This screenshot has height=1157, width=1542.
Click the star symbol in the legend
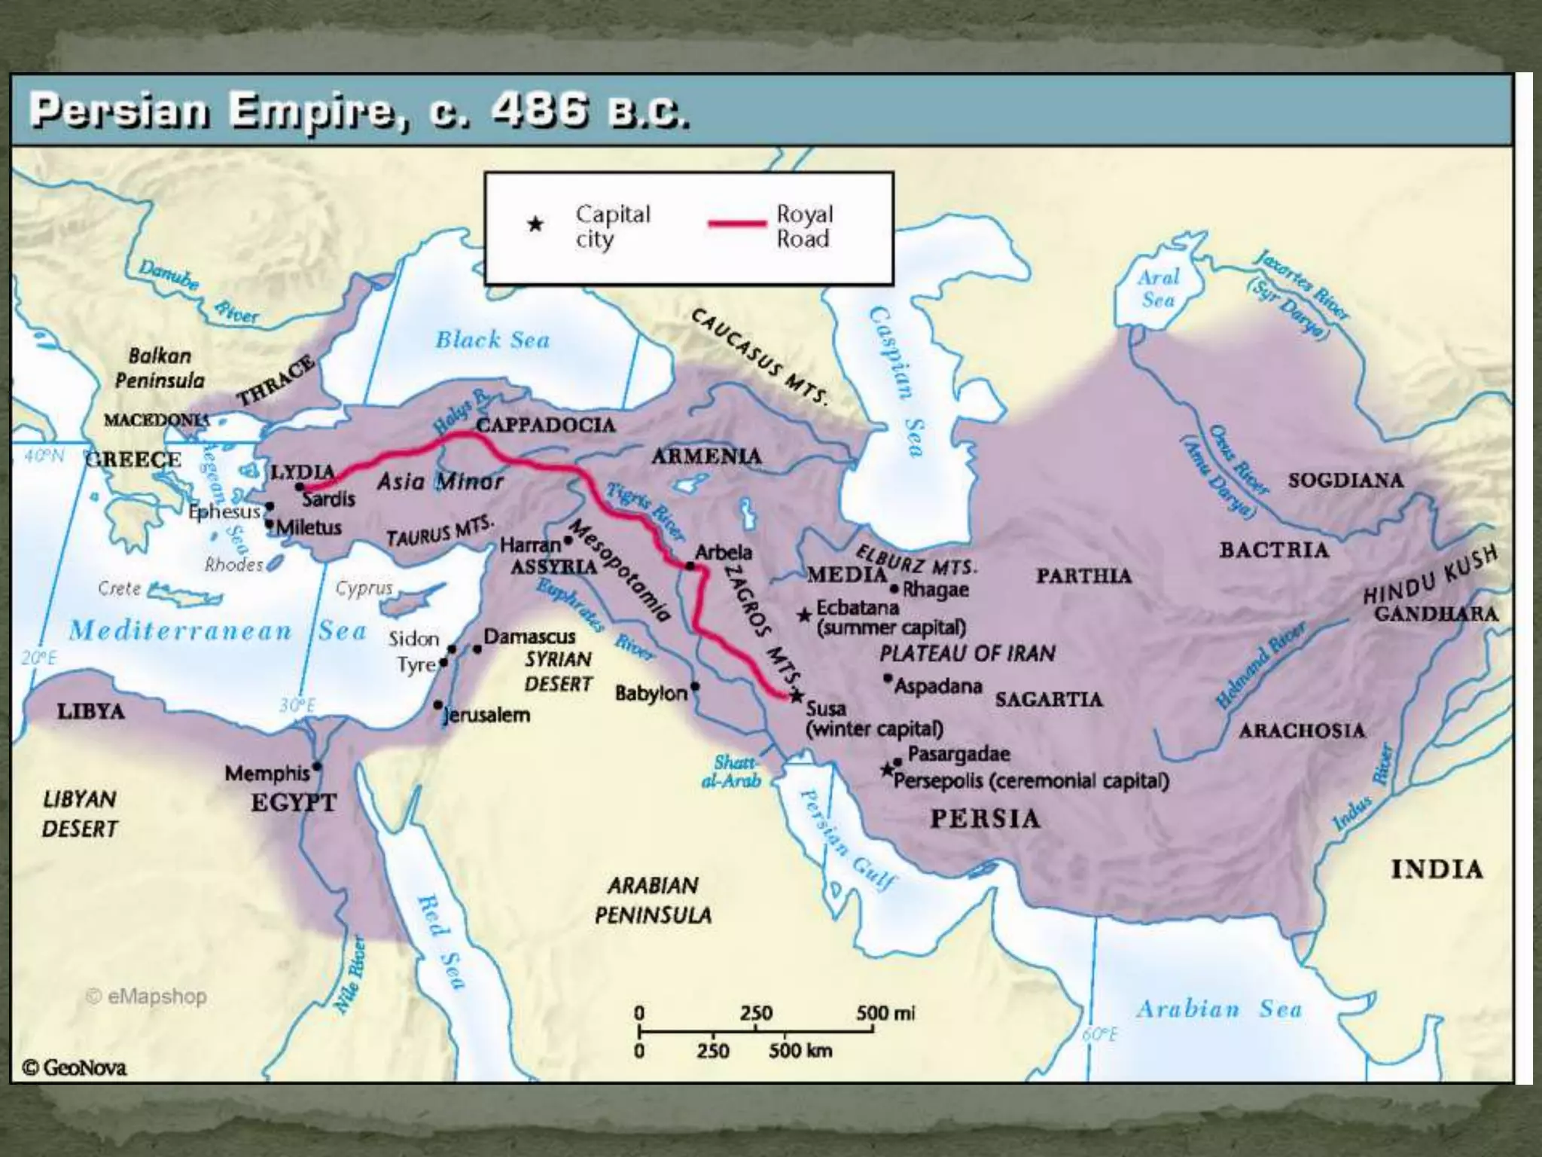pos(535,224)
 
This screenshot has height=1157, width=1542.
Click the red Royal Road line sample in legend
pos(736,224)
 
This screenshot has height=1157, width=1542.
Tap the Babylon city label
pos(651,693)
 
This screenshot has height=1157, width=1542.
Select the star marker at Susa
pos(797,696)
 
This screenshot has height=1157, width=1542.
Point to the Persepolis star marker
pos(888,770)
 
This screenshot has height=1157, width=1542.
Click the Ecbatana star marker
pos(805,615)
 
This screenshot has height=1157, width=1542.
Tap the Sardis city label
pos(328,499)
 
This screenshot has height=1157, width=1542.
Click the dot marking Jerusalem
pos(438,705)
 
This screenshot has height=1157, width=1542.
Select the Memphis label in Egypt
pos(267,774)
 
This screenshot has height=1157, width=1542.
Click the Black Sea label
pos(492,340)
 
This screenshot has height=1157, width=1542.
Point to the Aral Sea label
pos(1158,288)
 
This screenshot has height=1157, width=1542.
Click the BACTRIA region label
pos(1274,550)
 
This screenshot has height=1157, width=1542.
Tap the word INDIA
pos(1437,869)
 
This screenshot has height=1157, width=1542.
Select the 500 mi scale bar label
pos(885,1013)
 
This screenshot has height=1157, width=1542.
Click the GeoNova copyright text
pos(75,1067)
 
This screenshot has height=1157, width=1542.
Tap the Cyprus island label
pos(364,588)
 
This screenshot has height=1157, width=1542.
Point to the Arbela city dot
pos(690,566)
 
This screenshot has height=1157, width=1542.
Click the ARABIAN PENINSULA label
pos(653,900)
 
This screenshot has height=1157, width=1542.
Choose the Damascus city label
pos(529,637)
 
